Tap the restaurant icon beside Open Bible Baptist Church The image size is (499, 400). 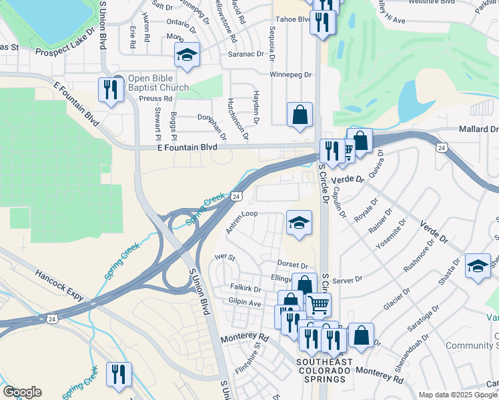(x=109, y=90)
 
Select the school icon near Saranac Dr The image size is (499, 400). (x=187, y=56)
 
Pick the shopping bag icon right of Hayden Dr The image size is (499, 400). (x=300, y=114)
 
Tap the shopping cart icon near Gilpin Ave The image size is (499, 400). (x=319, y=305)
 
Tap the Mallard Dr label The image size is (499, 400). (x=478, y=129)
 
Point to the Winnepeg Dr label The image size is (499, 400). (x=291, y=75)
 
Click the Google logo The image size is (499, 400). (x=22, y=392)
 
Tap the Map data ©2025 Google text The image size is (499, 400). (x=458, y=395)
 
